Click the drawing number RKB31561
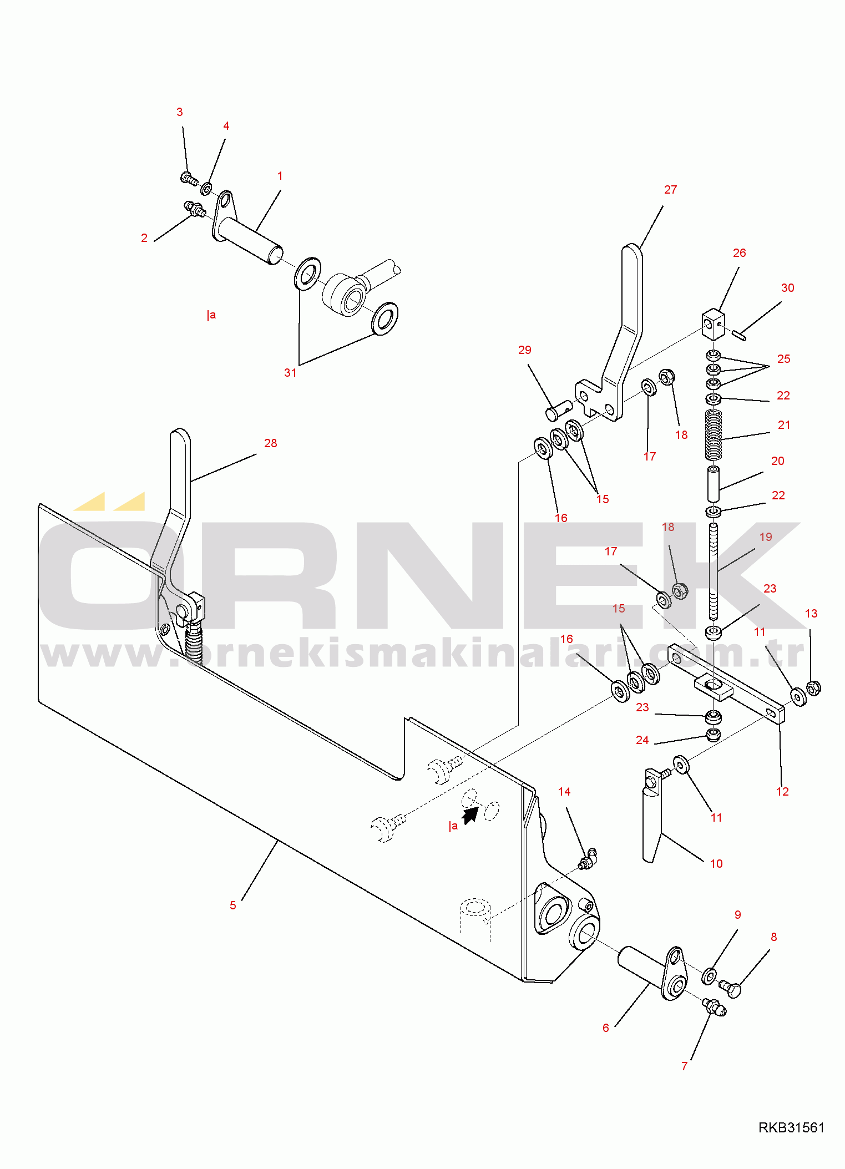click(x=791, y=1127)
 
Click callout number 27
click(x=670, y=190)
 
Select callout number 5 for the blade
click(x=233, y=905)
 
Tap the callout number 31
click(x=290, y=373)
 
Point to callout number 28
click(x=270, y=443)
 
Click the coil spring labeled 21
click(x=714, y=434)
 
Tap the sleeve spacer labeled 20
click(x=713, y=484)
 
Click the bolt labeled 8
click(x=730, y=989)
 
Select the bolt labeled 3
click(x=189, y=179)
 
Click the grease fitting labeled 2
click(x=195, y=210)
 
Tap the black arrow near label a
click(x=470, y=815)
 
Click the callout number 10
click(x=716, y=864)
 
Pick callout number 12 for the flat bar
click(x=782, y=792)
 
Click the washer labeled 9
click(x=709, y=976)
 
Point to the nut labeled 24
click(x=715, y=735)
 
